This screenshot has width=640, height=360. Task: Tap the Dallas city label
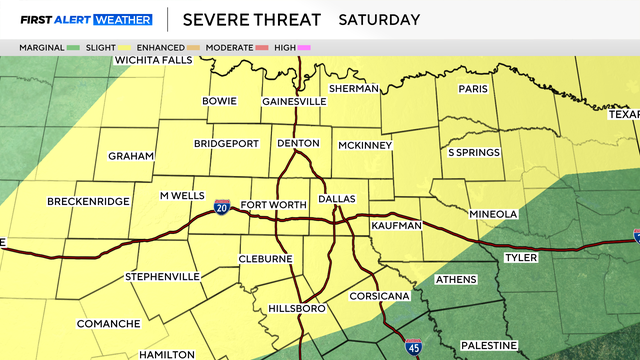(x=337, y=200)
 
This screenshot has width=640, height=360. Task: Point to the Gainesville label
(x=294, y=101)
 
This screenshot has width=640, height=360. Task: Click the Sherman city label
(x=353, y=88)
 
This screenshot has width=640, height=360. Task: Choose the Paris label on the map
(x=472, y=88)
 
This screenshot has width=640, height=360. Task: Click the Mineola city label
(x=494, y=214)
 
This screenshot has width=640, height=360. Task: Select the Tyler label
(x=521, y=257)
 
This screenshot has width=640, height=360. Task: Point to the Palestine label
(x=490, y=345)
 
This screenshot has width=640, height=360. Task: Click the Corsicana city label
(x=376, y=297)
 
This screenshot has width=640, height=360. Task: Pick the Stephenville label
(x=164, y=275)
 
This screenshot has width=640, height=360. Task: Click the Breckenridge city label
(x=88, y=201)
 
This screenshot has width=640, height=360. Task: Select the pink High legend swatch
(x=303, y=47)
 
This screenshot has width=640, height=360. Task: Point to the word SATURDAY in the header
(x=379, y=19)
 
